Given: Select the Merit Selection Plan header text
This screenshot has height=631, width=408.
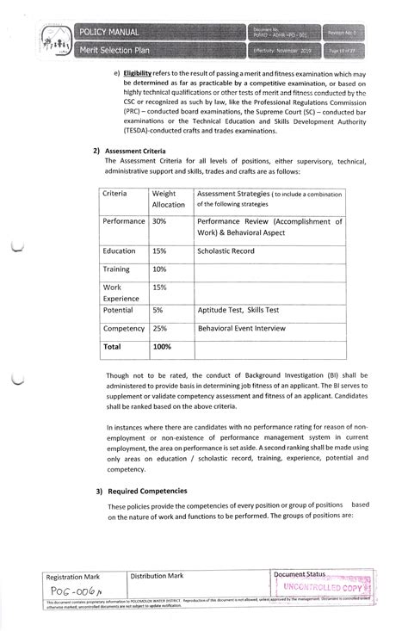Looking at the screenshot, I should (x=115, y=51).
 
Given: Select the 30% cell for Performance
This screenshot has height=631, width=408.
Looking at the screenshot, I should (x=159, y=221).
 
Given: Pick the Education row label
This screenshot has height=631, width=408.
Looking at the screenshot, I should (x=119, y=251).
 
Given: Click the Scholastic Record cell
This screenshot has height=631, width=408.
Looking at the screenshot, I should (x=228, y=251).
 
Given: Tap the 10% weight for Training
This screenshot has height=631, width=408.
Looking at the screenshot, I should (x=159, y=270).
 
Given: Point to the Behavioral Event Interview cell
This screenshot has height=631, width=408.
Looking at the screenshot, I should (x=249, y=329).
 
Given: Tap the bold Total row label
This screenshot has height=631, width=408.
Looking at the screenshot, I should (x=113, y=346).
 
